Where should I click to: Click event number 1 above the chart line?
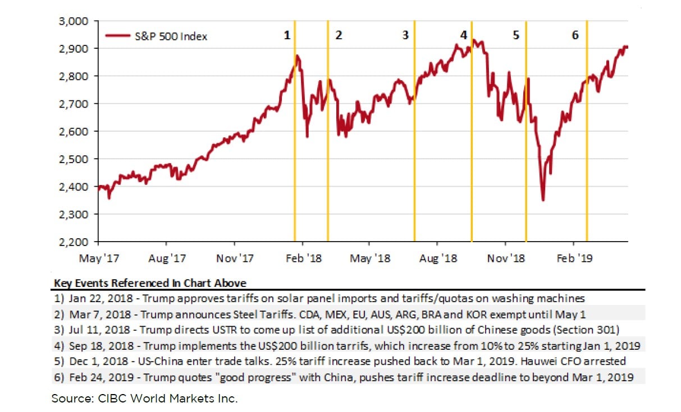pos(287,35)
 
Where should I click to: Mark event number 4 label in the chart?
pos(463,35)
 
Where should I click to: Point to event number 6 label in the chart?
pos(575,35)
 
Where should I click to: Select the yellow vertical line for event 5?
pos(526,168)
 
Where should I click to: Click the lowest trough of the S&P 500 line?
pos(543,200)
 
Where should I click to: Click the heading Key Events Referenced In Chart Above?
pos(150,283)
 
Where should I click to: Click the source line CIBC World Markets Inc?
pos(145,399)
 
